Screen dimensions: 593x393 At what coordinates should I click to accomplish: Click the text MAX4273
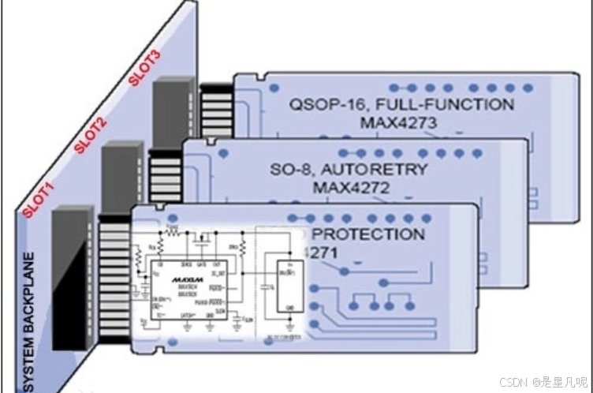pos(398,123)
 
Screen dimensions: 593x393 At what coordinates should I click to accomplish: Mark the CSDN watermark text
pos(543,382)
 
